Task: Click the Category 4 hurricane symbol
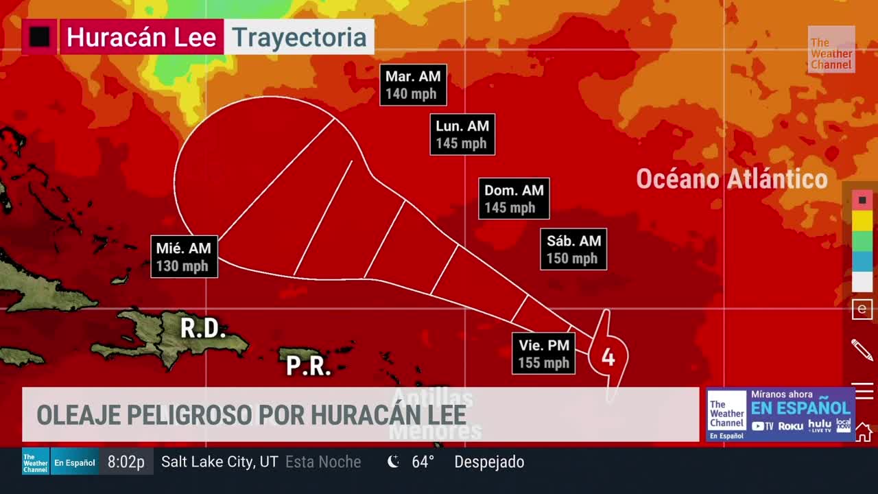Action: [x=608, y=356]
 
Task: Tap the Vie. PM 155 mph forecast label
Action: [x=544, y=353]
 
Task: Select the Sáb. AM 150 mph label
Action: [x=573, y=249]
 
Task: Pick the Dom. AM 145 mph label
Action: [x=514, y=199]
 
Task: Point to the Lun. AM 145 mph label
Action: [x=462, y=134]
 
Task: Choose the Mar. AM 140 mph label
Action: [x=413, y=85]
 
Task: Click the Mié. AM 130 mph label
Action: [x=184, y=257]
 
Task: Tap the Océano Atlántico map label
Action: [x=732, y=179]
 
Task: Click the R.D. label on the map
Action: [x=203, y=329]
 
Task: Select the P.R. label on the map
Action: [x=309, y=366]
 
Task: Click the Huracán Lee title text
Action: [x=141, y=37]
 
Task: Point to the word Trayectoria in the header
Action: [x=299, y=37]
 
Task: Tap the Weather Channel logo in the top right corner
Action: [x=831, y=50]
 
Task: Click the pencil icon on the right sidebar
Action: [x=862, y=349]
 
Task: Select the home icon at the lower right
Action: [x=863, y=433]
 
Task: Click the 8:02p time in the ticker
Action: [x=126, y=462]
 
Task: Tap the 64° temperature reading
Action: [x=423, y=462]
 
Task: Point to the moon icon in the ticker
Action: [x=394, y=462]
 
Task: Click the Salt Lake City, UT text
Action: [x=219, y=462]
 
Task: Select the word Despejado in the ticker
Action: [x=489, y=462]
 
